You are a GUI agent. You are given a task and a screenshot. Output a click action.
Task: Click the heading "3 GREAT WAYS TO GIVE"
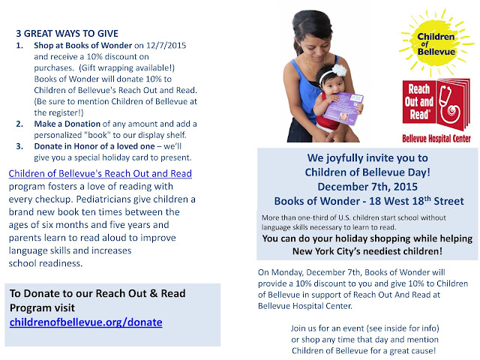click(67, 33)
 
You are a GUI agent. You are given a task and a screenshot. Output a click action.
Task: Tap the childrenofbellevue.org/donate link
click(86, 322)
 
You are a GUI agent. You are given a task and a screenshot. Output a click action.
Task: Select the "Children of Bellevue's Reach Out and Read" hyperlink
click(100, 173)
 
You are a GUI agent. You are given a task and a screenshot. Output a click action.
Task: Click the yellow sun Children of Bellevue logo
click(436, 43)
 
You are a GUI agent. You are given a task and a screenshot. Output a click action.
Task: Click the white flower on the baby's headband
click(339, 70)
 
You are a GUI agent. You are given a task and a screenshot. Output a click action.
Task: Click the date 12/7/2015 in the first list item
click(166, 45)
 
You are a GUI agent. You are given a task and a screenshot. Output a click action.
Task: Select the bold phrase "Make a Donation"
click(67, 124)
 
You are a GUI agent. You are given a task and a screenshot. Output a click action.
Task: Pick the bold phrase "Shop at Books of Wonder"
click(83, 45)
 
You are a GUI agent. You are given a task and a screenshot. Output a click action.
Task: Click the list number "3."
click(19, 146)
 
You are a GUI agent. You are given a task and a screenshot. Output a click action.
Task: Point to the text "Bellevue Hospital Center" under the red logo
click(436, 139)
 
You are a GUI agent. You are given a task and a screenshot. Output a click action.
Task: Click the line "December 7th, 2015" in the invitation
click(367, 187)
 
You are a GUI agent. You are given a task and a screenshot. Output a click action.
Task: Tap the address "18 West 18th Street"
click(416, 201)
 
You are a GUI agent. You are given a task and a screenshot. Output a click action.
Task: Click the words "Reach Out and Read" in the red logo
click(418, 102)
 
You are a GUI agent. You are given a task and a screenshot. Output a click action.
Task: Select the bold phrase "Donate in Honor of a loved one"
click(94, 146)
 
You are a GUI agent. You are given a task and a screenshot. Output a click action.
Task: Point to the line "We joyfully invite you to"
click(367, 158)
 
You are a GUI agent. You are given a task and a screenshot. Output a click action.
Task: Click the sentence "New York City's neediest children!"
click(367, 251)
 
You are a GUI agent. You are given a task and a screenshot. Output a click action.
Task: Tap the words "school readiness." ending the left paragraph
click(46, 263)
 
